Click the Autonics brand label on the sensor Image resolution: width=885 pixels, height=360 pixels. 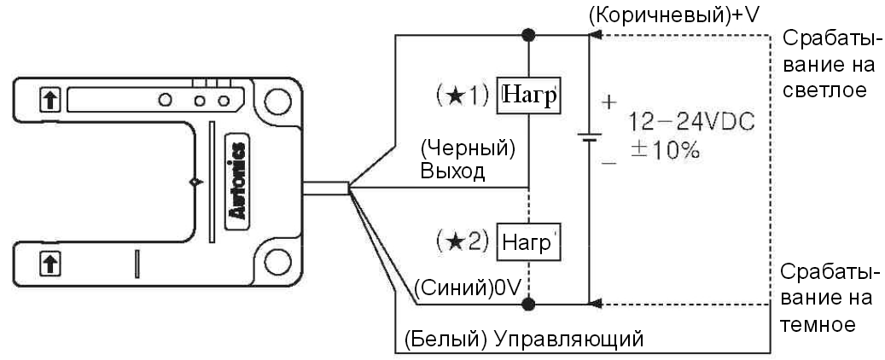(x=240, y=179)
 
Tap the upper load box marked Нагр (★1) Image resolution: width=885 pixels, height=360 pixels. (x=530, y=95)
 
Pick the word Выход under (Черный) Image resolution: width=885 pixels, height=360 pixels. (x=452, y=171)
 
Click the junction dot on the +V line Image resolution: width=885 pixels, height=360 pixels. (x=529, y=35)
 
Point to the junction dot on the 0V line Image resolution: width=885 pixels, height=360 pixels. (x=529, y=303)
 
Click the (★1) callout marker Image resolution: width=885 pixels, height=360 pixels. (x=467, y=95)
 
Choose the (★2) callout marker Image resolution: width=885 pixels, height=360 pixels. (x=467, y=241)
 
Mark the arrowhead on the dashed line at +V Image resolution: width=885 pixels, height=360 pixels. (x=597, y=36)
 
